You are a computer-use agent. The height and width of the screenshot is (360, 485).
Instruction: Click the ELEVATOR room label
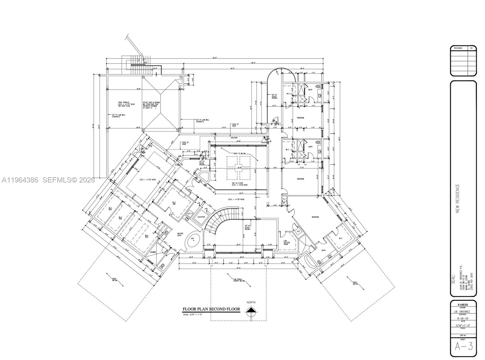pos(201,217)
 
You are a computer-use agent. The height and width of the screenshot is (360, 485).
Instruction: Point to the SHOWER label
pos(153,252)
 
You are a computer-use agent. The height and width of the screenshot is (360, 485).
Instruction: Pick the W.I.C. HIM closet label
pos(174,203)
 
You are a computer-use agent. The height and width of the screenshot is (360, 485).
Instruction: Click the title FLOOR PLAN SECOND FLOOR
pos(211,309)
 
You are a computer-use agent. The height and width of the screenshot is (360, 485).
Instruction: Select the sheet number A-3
pos(463,346)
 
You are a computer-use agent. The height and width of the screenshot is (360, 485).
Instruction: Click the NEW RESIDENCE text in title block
pos(458,198)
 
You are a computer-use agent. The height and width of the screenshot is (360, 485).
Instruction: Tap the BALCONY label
pos(234,138)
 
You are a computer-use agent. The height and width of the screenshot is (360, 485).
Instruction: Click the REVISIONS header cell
pos(458,48)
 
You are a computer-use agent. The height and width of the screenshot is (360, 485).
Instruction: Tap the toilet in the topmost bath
pos(318,86)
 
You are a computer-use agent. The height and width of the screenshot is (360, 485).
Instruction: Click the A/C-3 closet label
pos(190,214)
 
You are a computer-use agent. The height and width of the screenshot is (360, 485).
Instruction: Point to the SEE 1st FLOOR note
pos(238,184)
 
